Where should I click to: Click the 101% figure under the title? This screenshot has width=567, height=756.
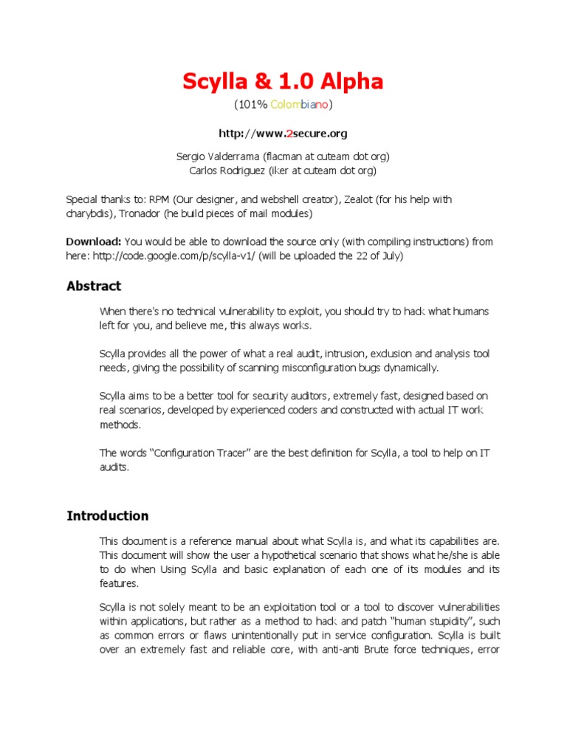tap(252, 105)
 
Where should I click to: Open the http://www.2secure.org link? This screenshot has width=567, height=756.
tap(283, 134)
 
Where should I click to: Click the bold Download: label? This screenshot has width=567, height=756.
tap(94, 241)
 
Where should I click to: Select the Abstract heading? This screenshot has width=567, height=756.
tap(94, 286)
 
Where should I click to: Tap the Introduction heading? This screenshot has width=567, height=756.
tap(108, 516)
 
